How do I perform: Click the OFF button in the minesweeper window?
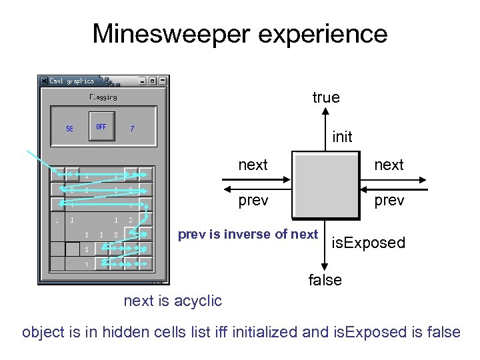[x=101, y=126]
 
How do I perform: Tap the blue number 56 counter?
[x=69, y=129]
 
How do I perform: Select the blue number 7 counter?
[x=132, y=129]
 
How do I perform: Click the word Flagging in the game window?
[x=103, y=97]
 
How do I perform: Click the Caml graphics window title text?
[x=72, y=81]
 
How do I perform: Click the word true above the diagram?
[x=325, y=97]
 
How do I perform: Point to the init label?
[x=342, y=137]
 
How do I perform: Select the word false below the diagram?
[x=325, y=280]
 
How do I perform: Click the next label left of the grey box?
[x=253, y=165]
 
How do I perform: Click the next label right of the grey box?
[x=389, y=165]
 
